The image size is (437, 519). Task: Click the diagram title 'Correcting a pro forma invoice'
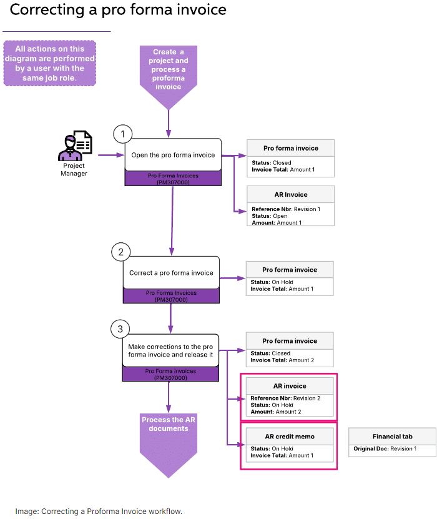(x=118, y=11)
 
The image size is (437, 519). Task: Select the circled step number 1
(x=123, y=134)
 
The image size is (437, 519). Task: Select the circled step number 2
(x=120, y=252)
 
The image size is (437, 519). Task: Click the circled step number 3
(x=120, y=329)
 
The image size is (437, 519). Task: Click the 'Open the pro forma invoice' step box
(x=173, y=155)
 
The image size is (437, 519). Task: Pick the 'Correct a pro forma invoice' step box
(x=171, y=272)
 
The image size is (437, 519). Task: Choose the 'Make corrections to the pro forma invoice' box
(x=170, y=350)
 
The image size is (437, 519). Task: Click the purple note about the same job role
(x=50, y=63)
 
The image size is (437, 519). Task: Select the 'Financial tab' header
(x=393, y=436)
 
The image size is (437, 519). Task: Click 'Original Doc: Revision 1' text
(x=393, y=449)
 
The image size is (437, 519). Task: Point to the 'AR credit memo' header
(x=288, y=436)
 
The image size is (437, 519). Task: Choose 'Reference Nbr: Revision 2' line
(x=285, y=398)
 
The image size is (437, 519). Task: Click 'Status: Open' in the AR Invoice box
(x=269, y=216)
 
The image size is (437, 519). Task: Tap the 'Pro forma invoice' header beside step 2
(x=289, y=270)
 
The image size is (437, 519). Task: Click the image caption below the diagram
(x=99, y=493)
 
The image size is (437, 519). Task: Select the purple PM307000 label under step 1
(x=173, y=179)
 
